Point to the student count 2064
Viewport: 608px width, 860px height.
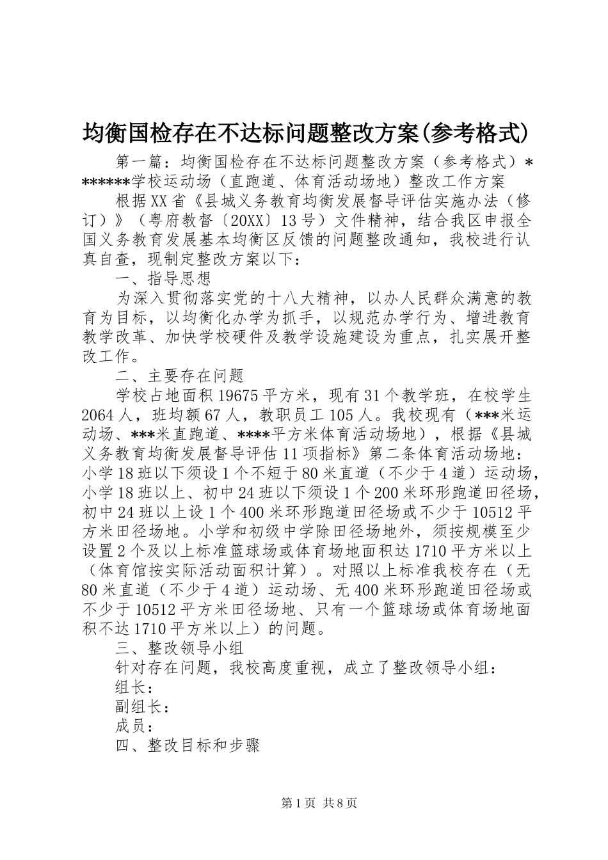point(99,414)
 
